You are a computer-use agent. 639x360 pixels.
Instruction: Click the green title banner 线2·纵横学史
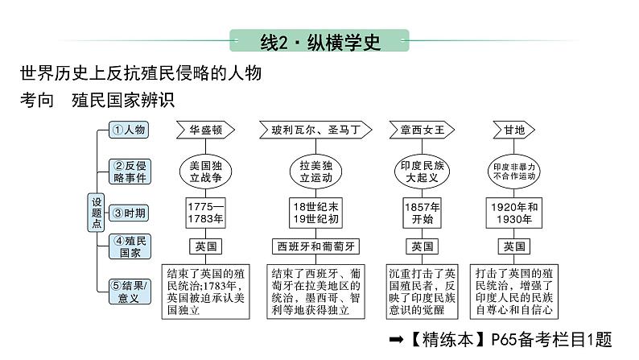(x=319, y=42)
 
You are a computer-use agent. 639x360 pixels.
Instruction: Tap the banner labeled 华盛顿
(x=205, y=130)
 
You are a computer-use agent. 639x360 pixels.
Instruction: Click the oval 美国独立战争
(x=205, y=170)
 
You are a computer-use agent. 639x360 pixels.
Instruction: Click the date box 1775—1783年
(x=205, y=212)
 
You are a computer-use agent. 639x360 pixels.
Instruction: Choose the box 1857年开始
(x=422, y=212)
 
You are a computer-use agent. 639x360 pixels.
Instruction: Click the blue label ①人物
(x=129, y=130)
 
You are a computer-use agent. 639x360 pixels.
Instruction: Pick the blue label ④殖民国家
(x=129, y=246)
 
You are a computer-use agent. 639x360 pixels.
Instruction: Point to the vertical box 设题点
(x=97, y=213)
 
